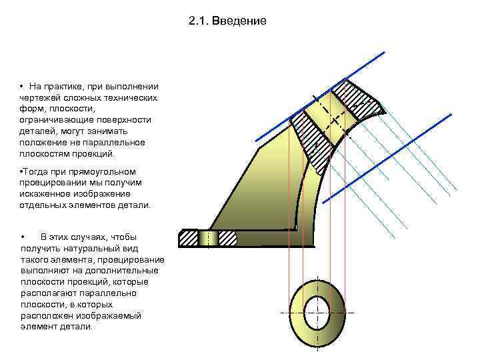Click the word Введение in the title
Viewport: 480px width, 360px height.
pyautogui.click(x=243, y=21)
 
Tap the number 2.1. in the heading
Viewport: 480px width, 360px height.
pyautogui.click(x=199, y=21)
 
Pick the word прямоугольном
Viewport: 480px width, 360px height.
pyautogui.click(x=107, y=171)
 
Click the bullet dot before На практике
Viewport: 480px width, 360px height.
pyautogui.click(x=22, y=87)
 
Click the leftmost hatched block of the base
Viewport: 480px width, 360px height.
pyautogui.click(x=189, y=237)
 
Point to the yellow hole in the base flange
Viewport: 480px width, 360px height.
pyautogui.click(x=209, y=237)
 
